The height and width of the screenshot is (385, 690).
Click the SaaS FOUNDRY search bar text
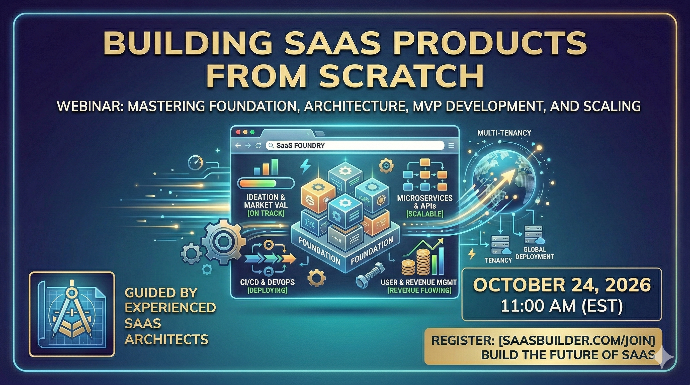[x=301, y=146]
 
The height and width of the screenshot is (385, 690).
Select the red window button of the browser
[x=238, y=132]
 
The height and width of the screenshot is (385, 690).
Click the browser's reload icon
[x=258, y=146]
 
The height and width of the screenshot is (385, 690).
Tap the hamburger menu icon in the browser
[x=451, y=146]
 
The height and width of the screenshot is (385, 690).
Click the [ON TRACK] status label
[x=266, y=213]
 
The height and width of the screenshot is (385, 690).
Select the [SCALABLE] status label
[x=425, y=214]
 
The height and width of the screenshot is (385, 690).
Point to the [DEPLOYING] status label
[x=267, y=290]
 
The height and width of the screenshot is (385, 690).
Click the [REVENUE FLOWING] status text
[x=419, y=291]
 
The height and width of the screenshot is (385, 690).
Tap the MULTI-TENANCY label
[x=504, y=133]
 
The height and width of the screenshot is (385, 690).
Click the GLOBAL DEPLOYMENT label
[x=534, y=253]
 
